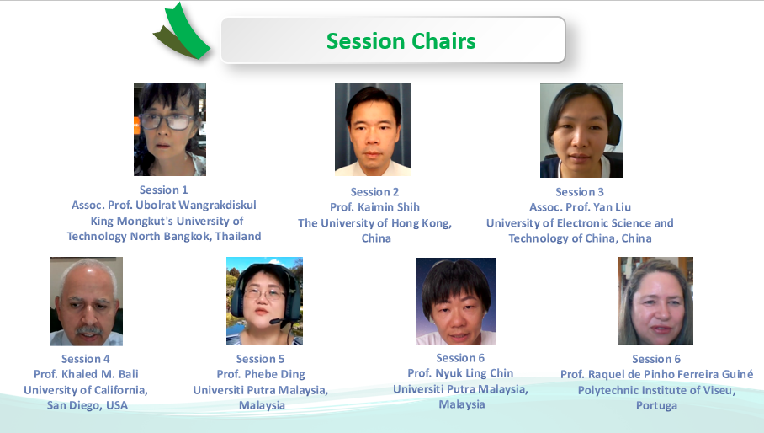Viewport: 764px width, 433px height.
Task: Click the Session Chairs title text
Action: [x=401, y=41]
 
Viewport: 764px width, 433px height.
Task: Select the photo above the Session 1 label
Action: [x=170, y=130]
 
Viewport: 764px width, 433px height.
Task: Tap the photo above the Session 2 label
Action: [x=373, y=130]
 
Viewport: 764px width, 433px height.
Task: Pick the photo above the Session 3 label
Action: [x=581, y=131]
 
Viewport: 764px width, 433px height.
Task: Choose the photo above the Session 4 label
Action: [x=86, y=302]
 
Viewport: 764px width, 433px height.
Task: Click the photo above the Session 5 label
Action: [x=264, y=302]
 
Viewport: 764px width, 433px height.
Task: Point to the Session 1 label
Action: [x=164, y=190]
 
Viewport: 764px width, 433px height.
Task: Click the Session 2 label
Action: [x=374, y=192]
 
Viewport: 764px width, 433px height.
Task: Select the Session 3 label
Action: [x=580, y=192]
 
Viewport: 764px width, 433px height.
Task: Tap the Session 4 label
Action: [x=86, y=359]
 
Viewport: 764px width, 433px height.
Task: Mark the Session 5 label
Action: [x=260, y=359]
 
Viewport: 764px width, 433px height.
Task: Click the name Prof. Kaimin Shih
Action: [x=374, y=207]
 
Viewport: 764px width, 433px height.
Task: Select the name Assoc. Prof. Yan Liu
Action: [x=581, y=207]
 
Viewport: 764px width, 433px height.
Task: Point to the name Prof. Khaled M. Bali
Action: [x=86, y=374]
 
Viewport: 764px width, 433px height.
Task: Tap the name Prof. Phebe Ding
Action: [x=261, y=375]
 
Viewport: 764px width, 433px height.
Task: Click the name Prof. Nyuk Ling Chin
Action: [x=460, y=373]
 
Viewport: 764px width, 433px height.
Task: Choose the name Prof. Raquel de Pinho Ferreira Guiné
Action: [x=657, y=374]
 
